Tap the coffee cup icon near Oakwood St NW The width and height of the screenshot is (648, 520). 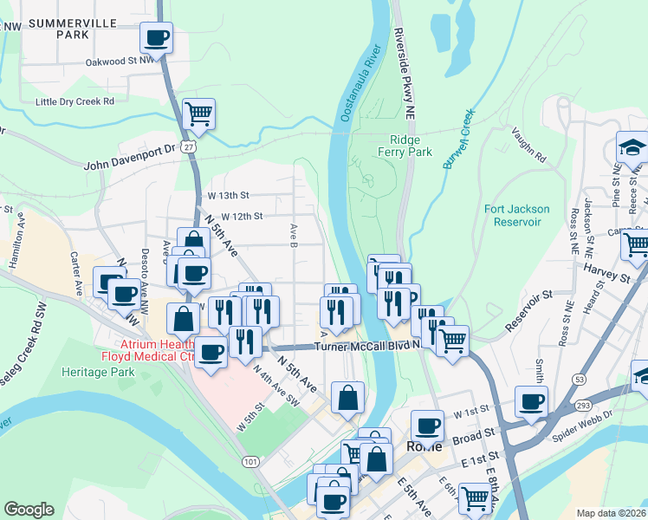click(157, 38)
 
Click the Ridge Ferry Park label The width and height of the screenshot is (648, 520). click(411, 145)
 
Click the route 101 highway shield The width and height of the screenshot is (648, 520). click(250, 462)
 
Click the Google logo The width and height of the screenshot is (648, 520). click(29, 510)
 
